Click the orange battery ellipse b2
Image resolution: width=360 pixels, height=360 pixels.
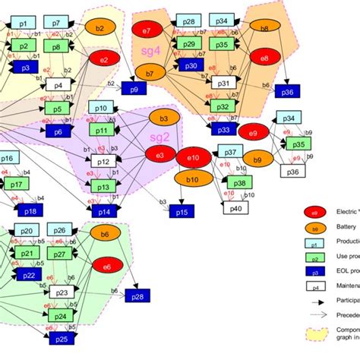(x=100, y=28)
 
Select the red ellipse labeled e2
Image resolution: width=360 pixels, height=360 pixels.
(x=104, y=58)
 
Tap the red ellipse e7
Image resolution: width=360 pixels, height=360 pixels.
(x=146, y=32)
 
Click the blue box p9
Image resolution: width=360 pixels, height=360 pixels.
(x=134, y=90)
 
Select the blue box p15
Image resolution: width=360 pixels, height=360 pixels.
(x=183, y=210)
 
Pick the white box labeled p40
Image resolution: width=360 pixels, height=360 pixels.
(x=236, y=208)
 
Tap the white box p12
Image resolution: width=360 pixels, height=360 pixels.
(x=104, y=162)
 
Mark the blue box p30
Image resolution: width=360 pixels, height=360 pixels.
(x=190, y=67)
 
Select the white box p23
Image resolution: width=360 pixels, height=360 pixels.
(x=62, y=292)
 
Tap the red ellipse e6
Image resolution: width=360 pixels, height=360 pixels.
(x=106, y=267)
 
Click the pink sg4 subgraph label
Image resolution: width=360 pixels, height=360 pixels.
(x=151, y=50)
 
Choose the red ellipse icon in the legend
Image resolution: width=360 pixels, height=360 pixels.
(x=314, y=212)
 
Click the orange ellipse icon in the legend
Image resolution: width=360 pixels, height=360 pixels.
(x=314, y=228)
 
